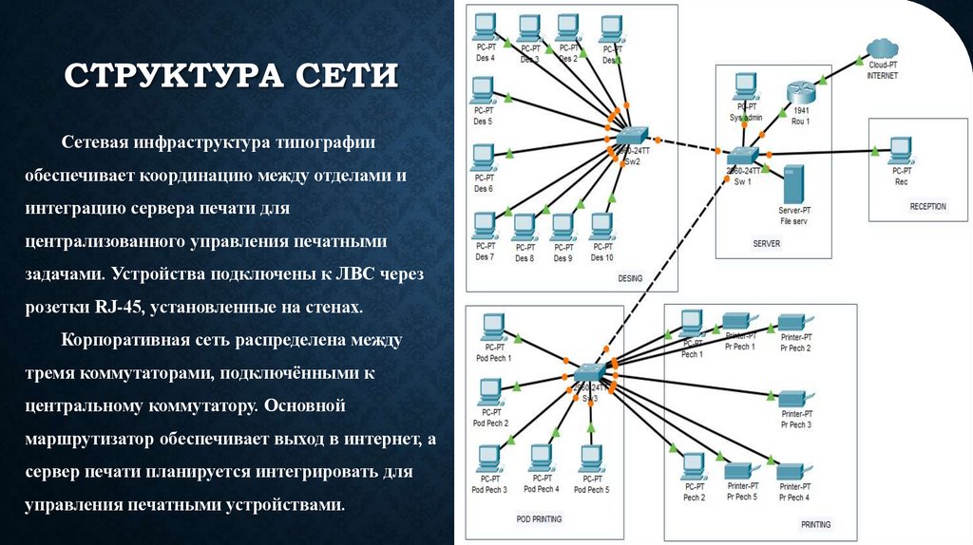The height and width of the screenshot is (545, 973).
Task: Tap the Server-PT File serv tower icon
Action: (793, 182)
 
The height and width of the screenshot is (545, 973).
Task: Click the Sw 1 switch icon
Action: (741, 155)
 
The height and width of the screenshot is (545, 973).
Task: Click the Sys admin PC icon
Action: (746, 88)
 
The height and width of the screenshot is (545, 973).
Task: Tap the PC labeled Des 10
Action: (601, 226)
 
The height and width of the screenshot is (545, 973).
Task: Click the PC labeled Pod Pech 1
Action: (492, 328)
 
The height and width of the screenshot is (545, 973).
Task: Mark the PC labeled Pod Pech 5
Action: (593, 459)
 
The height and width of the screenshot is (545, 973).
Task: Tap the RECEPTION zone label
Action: (927, 206)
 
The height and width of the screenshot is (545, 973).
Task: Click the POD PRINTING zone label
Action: (539, 519)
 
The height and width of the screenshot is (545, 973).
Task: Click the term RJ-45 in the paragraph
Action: (114, 308)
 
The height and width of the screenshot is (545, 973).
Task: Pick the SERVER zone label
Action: (766, 243)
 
